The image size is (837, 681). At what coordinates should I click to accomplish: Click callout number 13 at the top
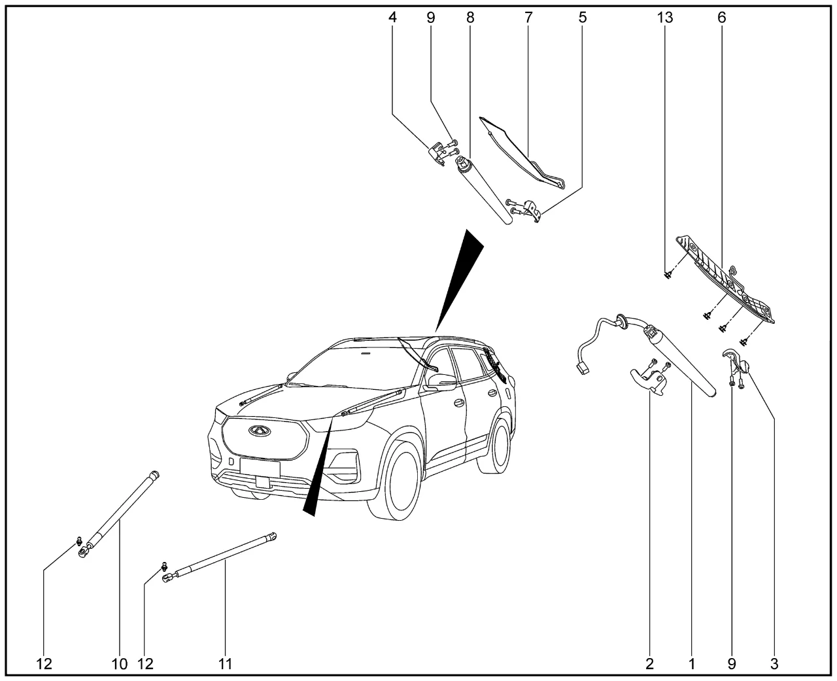(x=665, y=18)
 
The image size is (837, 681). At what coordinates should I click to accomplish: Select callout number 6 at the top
(x=721, y=18)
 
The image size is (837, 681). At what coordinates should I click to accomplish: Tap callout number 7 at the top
(x=528, y=18)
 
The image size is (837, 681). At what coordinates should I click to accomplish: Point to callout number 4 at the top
(x=392, y=18)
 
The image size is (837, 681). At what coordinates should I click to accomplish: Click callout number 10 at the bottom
(x=120, y=664)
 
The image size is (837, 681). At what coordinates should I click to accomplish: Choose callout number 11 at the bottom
(x=225, y=664)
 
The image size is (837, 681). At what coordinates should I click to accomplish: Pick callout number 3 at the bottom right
(x=774, y=664)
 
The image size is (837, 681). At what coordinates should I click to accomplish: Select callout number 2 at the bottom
(x=649, y=664)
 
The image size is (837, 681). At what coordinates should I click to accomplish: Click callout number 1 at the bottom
(x=692, y=664)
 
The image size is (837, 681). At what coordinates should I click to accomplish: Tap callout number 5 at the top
(x=583, y=18)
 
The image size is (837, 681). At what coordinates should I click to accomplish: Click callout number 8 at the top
(x=470, y=18)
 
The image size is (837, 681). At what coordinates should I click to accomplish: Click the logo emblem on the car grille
(x=260, y=430)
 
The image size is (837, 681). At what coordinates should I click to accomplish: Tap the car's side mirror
(x=441, y=382)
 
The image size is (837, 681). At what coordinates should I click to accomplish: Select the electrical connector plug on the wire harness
(x=583, y=369)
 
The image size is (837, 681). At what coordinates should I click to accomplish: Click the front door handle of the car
(x=458, y=403)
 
